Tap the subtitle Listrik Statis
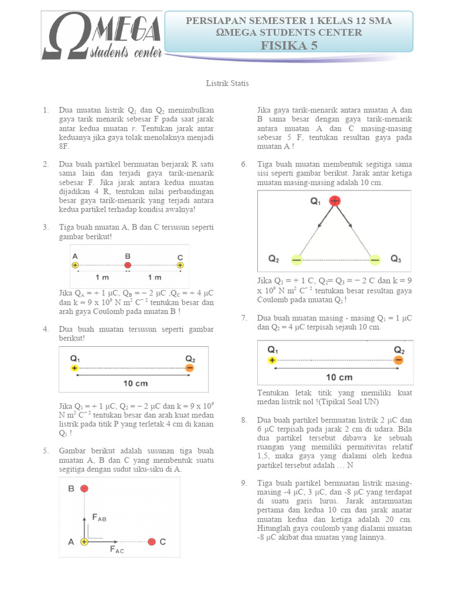pos(227,83)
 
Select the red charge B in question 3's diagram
pos(128,265)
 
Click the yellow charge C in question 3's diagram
pos(180,265)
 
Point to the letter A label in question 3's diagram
pos(74,256)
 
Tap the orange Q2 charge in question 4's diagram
pos(189,368)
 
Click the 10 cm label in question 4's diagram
pos(135,384)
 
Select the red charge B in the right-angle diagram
pos(84,488)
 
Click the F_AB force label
pos(100,518)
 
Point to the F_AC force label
pos(117,550)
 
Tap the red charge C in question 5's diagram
pos(152,542)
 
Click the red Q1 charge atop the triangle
pos(335,202)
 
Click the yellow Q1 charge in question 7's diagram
pos(272,360)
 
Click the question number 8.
pos(244,420)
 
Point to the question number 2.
pos(46,165)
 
